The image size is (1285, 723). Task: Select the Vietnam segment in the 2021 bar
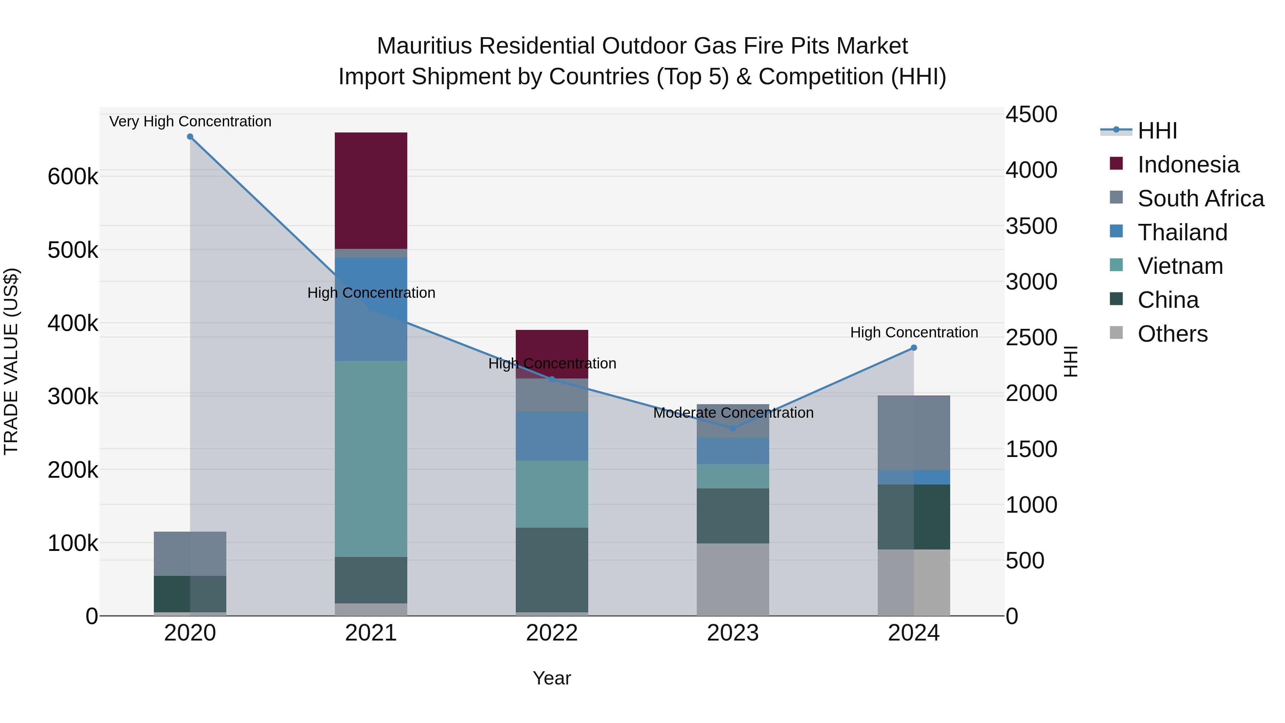(371, 458)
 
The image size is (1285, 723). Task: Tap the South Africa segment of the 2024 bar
(913, 433)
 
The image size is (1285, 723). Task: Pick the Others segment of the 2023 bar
(732, 579)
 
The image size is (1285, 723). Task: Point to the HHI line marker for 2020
(190, 137)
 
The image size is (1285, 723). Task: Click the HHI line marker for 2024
(914, 348)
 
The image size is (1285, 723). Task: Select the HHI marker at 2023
(733, 428)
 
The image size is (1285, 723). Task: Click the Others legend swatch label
(1172, 334)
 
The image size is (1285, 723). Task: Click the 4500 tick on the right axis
(1030, 114)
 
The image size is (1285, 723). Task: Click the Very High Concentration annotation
(190, 121)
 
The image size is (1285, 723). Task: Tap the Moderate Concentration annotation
(733, 413)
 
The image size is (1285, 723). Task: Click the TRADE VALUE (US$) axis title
(11, 361)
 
